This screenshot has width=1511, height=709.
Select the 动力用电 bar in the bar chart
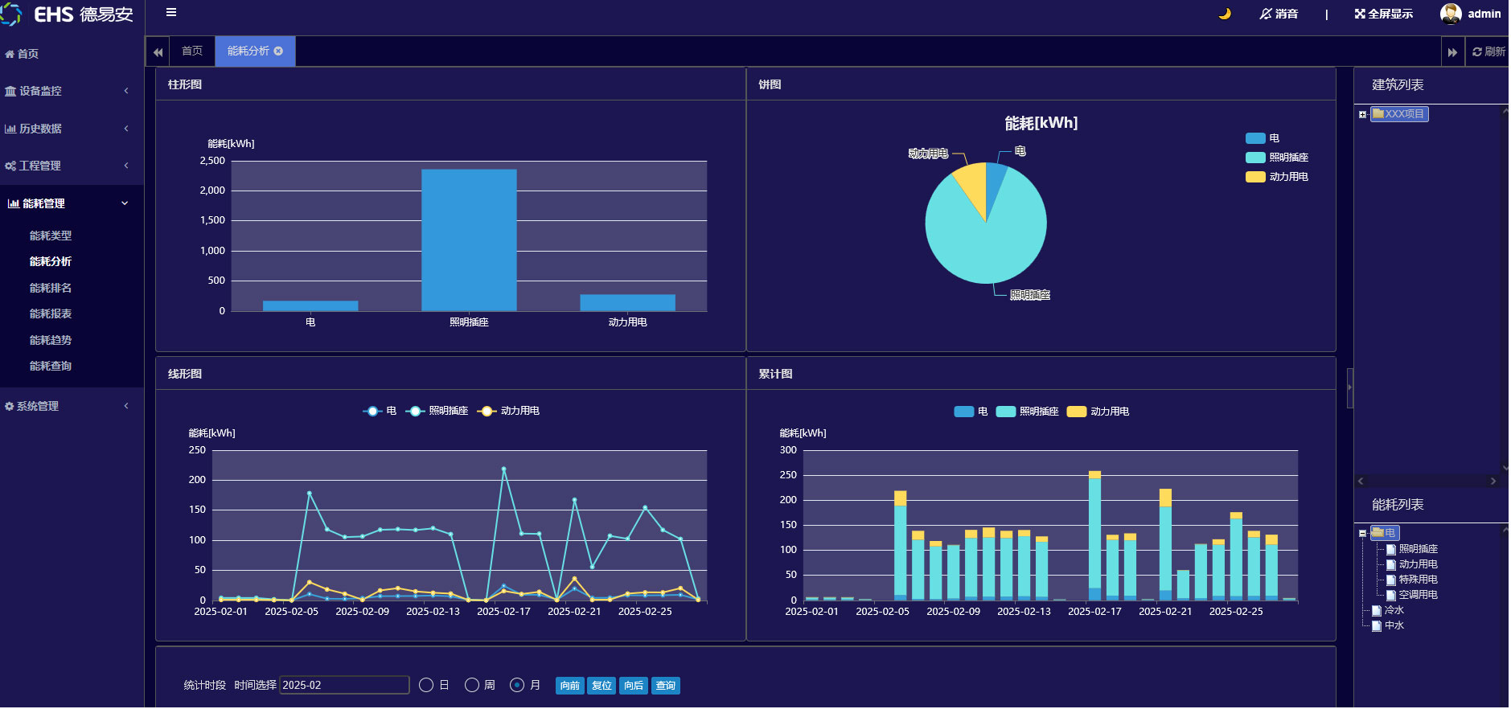[627, 303]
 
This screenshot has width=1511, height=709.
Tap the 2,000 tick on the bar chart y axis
[213, 191]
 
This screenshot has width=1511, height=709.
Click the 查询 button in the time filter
[665, 686]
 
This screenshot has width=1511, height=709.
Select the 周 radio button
[472, 685]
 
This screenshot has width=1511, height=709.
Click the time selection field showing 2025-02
[343, 685]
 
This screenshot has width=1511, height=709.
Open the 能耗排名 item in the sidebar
[51, 288]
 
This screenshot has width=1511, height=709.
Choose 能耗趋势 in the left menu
[51, 340]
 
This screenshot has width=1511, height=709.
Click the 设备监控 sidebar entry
[40, 91]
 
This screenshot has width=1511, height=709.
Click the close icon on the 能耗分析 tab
[278, 51]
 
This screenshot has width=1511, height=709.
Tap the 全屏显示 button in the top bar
[1383, 14]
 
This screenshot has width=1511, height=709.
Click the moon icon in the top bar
[1225, 14]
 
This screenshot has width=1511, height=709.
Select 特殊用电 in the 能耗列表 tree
[1418, 580]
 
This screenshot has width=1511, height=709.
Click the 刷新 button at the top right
[1488, 51]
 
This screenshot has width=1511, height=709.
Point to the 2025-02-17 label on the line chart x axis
[503, 612]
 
